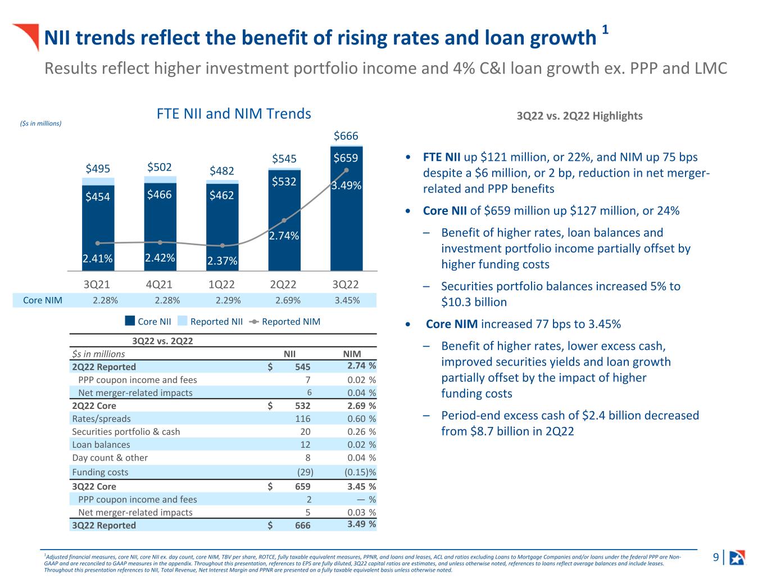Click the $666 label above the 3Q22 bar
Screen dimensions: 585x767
click(346, 136)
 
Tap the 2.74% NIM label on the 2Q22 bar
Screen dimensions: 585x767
click(284, 236)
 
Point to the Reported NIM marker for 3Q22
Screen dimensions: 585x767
click(346, 169)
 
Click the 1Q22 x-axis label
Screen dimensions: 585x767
click(221, 284)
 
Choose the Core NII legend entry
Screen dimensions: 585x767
click(148, 322)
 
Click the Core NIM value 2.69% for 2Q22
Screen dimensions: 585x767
click(288, 300)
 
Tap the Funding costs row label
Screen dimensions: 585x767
click(100, 472)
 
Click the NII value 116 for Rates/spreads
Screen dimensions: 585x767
click(303, 418)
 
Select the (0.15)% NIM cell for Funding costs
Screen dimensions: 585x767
click(360, 472)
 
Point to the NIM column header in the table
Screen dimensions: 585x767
click(352, 354)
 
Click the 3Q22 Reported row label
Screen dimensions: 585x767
click(104, 525)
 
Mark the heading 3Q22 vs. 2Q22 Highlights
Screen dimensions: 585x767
click(579, 116)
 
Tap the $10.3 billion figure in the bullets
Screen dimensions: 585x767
click(474, 302)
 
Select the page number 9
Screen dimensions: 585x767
click(716, 557)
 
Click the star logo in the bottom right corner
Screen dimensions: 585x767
click(737, 557)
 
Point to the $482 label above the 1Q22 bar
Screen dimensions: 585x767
click(221, 170)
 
